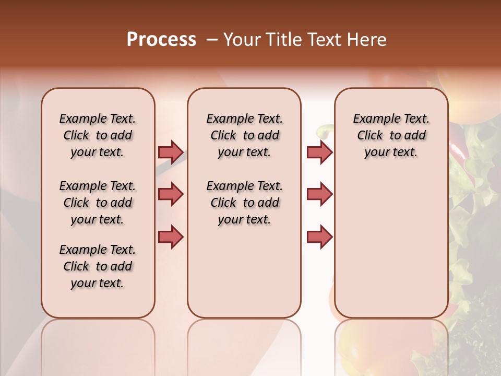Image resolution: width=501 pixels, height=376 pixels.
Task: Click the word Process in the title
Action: (161, 40)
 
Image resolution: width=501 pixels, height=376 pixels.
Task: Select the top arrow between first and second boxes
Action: (171, 152)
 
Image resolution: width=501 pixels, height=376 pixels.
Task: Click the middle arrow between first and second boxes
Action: (171, 194)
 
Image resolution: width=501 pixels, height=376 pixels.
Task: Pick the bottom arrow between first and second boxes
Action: (171, 237)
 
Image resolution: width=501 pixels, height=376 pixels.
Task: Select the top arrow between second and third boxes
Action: (319, 152)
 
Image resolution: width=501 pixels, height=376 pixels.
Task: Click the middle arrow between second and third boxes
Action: (319, 194)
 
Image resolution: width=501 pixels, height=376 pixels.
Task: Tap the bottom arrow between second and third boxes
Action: (319, 237)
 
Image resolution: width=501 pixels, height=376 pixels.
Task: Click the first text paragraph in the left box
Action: (98, 135)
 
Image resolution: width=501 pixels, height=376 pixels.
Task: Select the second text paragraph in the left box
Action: (98, 203)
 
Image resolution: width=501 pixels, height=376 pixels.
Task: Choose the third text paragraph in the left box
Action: (98, 266)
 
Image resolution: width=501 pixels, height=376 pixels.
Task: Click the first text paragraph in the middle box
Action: (244, 135)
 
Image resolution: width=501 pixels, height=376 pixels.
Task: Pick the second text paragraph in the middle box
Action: (244, 203)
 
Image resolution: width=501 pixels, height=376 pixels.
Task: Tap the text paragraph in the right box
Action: (391, 135)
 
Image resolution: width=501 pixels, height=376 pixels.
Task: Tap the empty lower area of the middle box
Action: (244, 272)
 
